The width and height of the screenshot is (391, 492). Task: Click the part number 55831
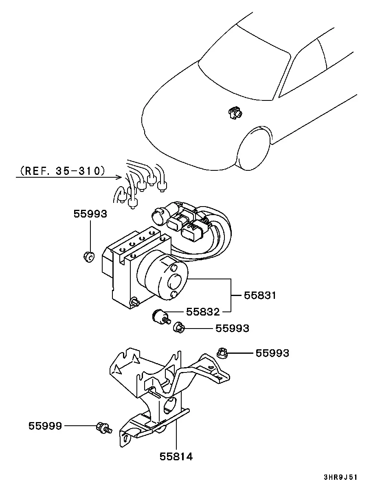260,295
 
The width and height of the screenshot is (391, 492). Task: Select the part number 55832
203,311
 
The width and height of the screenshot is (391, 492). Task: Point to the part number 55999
45,426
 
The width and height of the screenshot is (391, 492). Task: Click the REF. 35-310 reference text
63,171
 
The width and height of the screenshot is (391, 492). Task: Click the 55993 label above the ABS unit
90,214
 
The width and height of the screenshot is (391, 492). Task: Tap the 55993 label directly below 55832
232,328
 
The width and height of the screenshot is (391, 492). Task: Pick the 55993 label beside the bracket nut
272,353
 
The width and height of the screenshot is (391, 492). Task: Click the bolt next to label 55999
104,427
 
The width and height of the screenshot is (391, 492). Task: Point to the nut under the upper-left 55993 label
89,257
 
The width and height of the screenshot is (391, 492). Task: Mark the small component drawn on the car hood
235,113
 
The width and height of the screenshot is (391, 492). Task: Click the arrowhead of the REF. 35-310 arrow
119,177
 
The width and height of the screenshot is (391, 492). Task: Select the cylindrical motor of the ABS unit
163,275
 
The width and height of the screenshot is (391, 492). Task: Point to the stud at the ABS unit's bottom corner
135,302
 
